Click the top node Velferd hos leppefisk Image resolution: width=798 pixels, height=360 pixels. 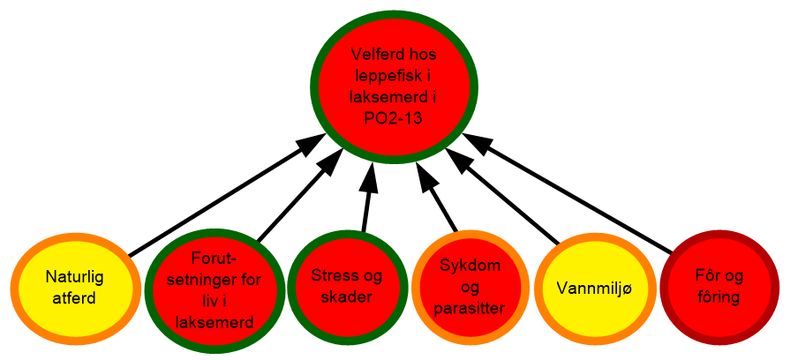[x=395, y=86]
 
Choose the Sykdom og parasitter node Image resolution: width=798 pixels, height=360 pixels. [x=471, y=286]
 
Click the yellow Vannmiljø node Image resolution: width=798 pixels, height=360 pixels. [x=598, y=288]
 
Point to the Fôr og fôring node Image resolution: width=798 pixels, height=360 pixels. [x=719, y=288]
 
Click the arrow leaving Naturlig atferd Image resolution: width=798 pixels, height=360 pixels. [x=227, y=195]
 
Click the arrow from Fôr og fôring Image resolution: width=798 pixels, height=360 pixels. [x=567, y=193]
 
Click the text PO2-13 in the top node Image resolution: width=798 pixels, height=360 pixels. [x=395, y=118]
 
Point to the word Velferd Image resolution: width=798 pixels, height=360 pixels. [x=372, y=54]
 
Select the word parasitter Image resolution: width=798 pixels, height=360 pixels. [x=471, y=309]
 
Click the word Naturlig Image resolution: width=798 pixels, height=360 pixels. [x=74, y=277]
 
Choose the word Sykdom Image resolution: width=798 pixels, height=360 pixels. [x=471, y=266]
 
